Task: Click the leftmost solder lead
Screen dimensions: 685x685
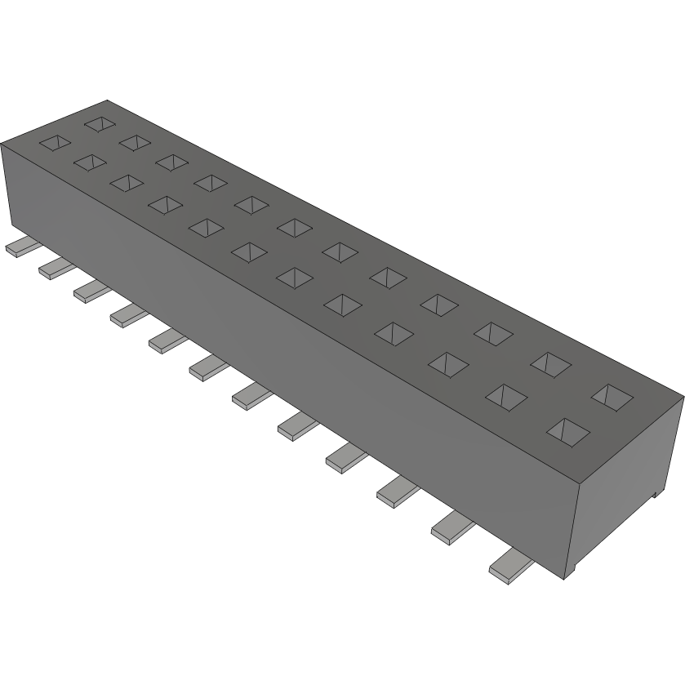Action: coord(16,248)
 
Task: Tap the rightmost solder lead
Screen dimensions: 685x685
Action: coord(509,564)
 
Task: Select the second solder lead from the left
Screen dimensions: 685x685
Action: coord(52,268)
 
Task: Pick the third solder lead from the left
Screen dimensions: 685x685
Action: coord(89,290)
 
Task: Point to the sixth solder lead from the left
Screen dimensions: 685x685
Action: coord(207,370)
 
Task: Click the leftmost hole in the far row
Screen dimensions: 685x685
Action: coord(99,124)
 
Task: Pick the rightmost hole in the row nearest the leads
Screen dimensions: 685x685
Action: coord(567,429)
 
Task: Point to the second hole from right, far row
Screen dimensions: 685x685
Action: coord(549,363)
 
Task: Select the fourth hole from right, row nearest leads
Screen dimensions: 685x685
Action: coord(393,331)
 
